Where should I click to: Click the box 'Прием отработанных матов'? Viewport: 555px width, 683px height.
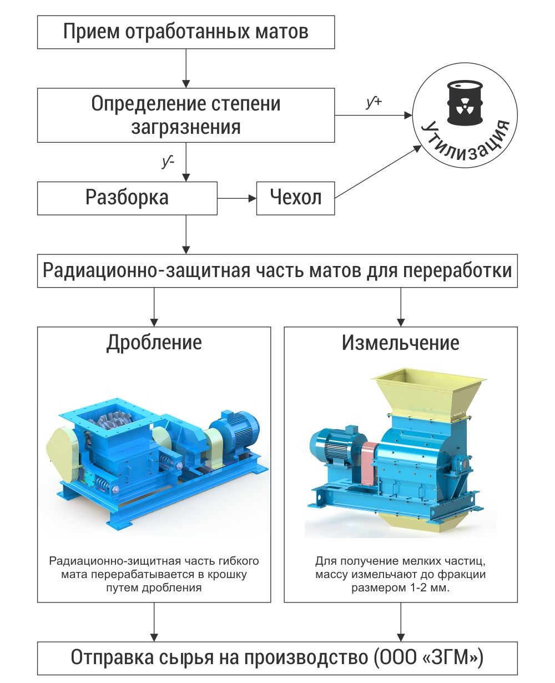click(186, 32)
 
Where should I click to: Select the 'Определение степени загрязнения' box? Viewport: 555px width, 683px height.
click(186, 115)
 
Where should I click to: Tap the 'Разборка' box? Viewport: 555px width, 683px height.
click(127, 198)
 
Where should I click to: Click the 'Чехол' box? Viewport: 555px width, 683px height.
click(295, 198)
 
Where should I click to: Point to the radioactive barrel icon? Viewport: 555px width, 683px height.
click(465, 103)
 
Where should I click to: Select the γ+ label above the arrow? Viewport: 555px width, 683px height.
click(374, 102)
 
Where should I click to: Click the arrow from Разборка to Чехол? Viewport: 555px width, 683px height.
click(237, 198)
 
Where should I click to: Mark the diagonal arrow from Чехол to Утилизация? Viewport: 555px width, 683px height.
click(378, 172)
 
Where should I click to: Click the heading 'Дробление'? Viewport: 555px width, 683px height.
click(154, 343)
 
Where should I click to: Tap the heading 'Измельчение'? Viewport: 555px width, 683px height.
click(401, 343)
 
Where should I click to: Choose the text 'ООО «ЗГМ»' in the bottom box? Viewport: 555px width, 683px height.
click(428, 657)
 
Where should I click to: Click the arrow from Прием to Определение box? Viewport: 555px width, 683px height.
click(186, 68)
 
